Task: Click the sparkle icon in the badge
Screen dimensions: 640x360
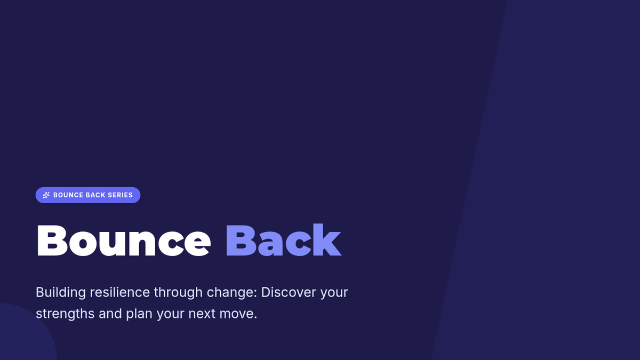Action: click(46, 195)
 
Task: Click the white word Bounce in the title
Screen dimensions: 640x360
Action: click(124, 241)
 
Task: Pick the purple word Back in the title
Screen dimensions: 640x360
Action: click(283, 240)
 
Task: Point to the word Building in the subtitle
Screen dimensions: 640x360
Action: click(61, 293)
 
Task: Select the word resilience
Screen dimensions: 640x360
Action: click(119, 292)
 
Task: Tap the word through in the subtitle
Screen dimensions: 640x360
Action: click(178, 293)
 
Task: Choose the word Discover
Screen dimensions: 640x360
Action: click(289, 292)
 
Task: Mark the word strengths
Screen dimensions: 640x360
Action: click(65, 314)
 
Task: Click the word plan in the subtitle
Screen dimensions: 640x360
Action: click(139, 314)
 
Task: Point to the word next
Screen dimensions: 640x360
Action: click(202, 314)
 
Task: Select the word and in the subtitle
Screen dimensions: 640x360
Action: click(110, 314)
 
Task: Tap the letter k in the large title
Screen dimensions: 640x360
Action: click(327, 240)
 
